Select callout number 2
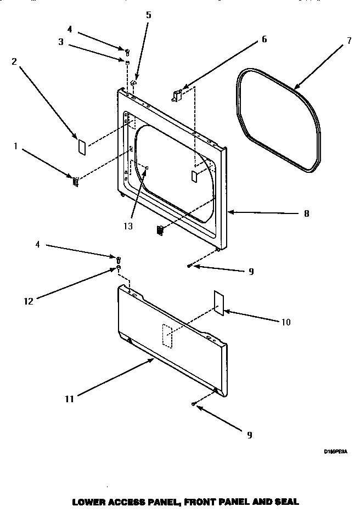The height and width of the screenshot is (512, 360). click(14, 61)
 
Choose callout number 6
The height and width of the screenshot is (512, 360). click(264, 39)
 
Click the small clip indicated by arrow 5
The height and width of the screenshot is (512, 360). click(133, 83)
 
